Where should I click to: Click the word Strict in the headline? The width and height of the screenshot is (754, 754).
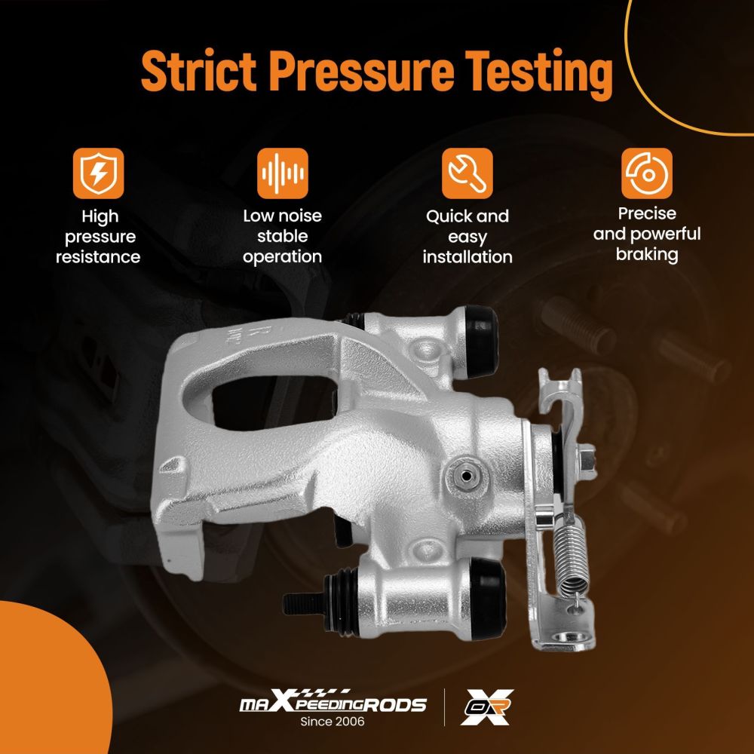pos(198,71)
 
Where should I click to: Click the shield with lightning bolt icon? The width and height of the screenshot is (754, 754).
pos(99,173)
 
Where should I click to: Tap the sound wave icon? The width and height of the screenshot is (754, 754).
pos(282,173)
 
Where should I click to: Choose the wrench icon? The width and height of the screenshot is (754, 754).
pos(467,173)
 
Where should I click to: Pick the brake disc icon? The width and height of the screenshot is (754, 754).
pos(647,173)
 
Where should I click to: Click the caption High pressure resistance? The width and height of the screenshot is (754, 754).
pos(98,237)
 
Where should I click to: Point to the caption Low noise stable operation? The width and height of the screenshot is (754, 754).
pos(282,236)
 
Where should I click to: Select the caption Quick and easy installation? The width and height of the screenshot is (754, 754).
pos(467,237)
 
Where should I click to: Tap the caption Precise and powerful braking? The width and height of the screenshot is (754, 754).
pos(647,234)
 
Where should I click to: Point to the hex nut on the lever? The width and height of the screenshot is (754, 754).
pos(586,460)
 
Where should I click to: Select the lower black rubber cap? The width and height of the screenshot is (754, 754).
pos(488,599)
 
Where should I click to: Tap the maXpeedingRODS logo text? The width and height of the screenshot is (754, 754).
pos(333,702)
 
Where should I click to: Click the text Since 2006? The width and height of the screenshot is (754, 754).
pos(333,722)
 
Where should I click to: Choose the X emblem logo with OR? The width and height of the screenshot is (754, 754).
pos(486,707)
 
